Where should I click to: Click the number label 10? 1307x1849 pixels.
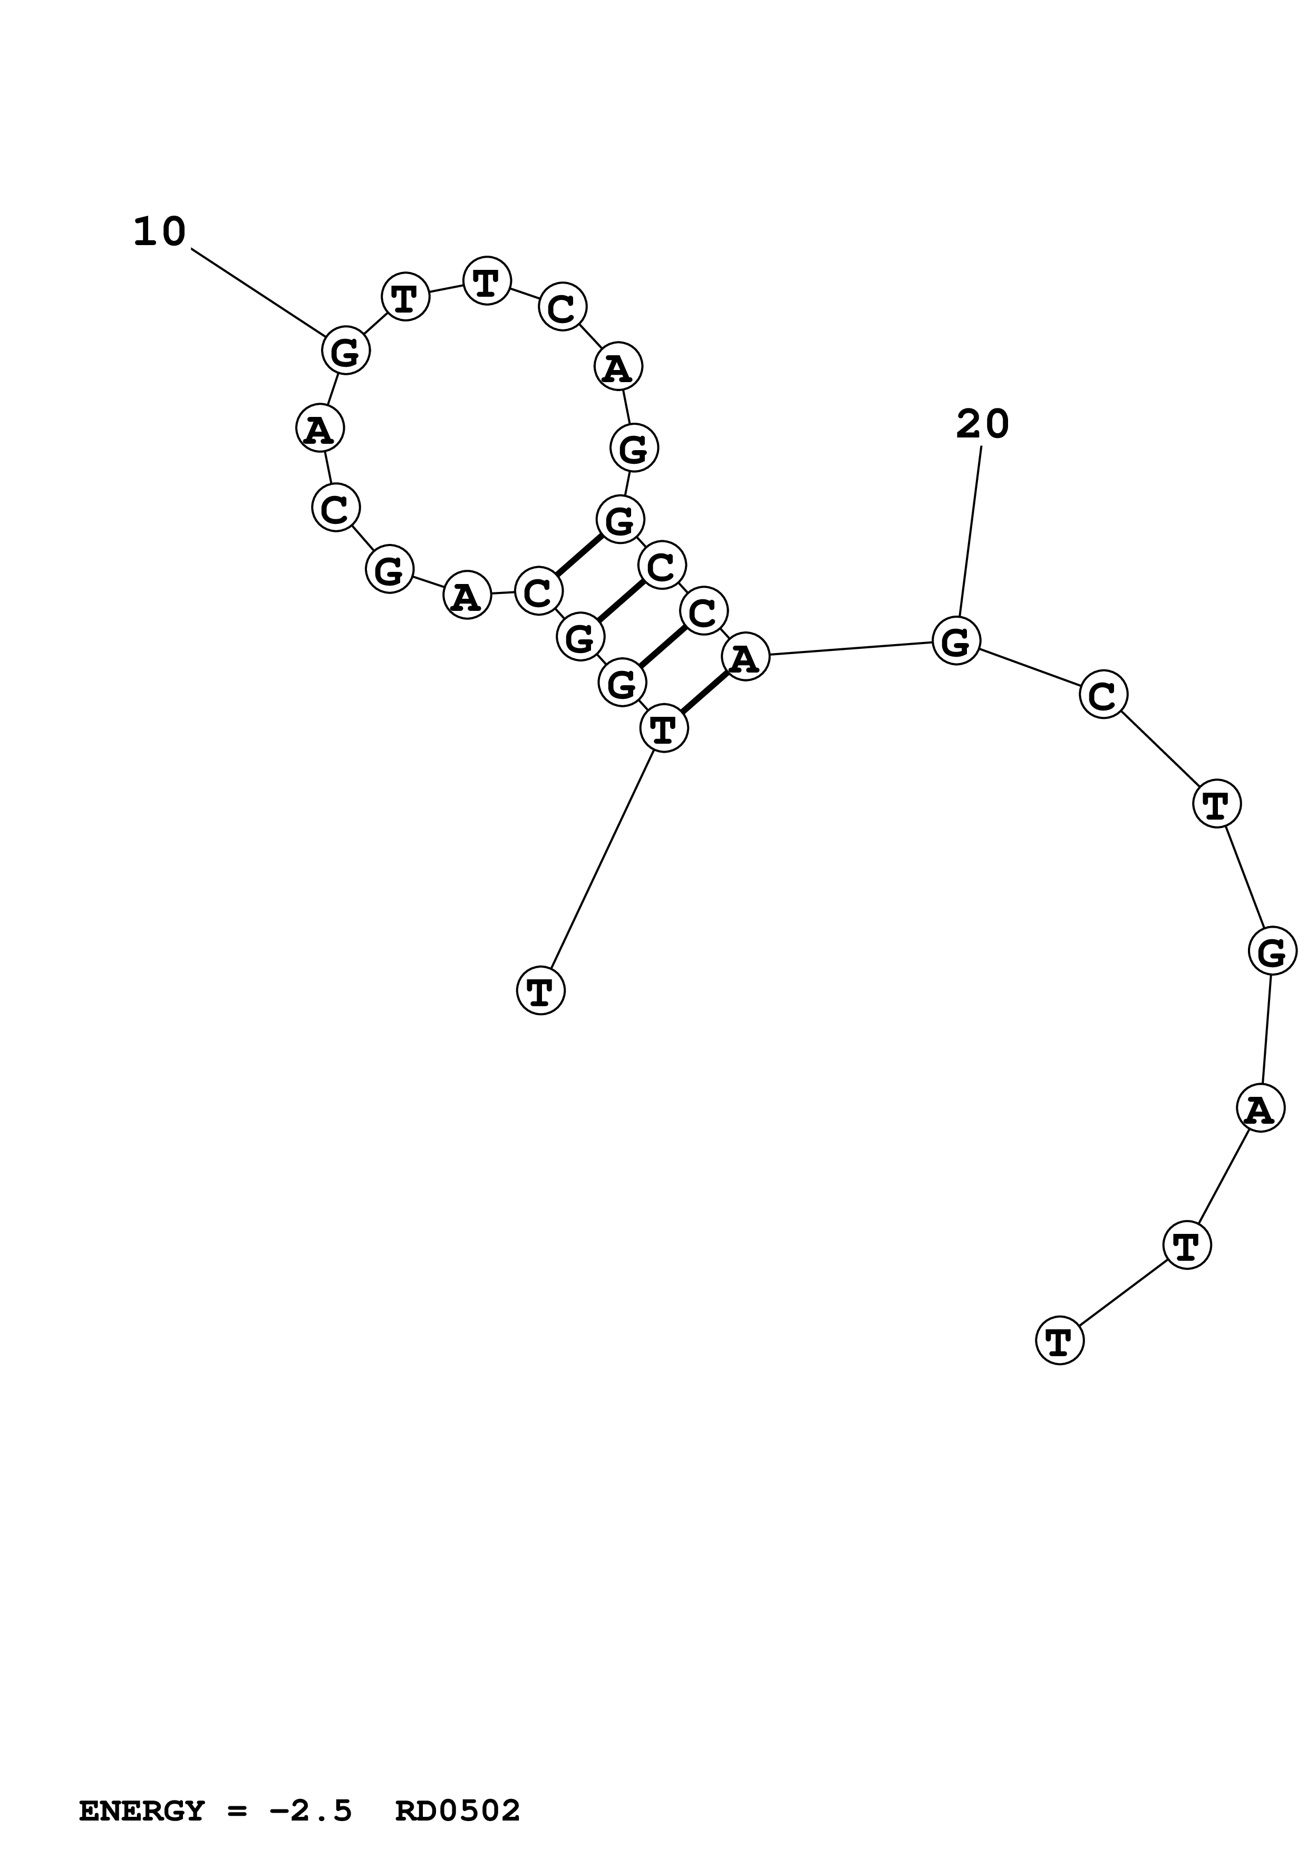coord(159,233)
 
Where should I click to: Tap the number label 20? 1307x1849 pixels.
coord(982,424)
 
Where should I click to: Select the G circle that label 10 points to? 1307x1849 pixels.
coord(345,351)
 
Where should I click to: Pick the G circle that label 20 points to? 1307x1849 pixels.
coord(956,642)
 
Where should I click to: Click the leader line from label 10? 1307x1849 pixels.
coord(257,291)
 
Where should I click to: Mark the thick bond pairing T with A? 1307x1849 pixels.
coord(704,693)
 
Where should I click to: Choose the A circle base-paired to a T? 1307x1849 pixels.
coord(746,657)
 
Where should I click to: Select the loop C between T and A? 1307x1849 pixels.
coord(562,307)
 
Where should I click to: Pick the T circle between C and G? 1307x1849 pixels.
coord(1216,804)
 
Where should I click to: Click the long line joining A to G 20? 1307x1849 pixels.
coord(850,649)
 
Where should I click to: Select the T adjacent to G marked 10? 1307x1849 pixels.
coord(405,297)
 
